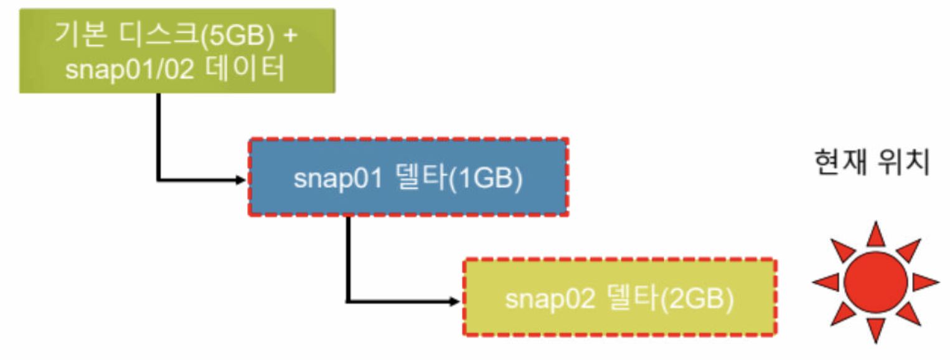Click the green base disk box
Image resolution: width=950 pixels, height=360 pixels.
point(177,50)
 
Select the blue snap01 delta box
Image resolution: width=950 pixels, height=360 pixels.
point(408,178)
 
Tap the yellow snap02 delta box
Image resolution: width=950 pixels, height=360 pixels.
point(619,298)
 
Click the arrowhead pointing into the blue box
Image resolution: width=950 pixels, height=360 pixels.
point(242,181)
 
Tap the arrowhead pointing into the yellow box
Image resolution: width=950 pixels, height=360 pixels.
point(456,302)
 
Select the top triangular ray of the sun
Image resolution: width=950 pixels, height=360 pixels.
point(875,234)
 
